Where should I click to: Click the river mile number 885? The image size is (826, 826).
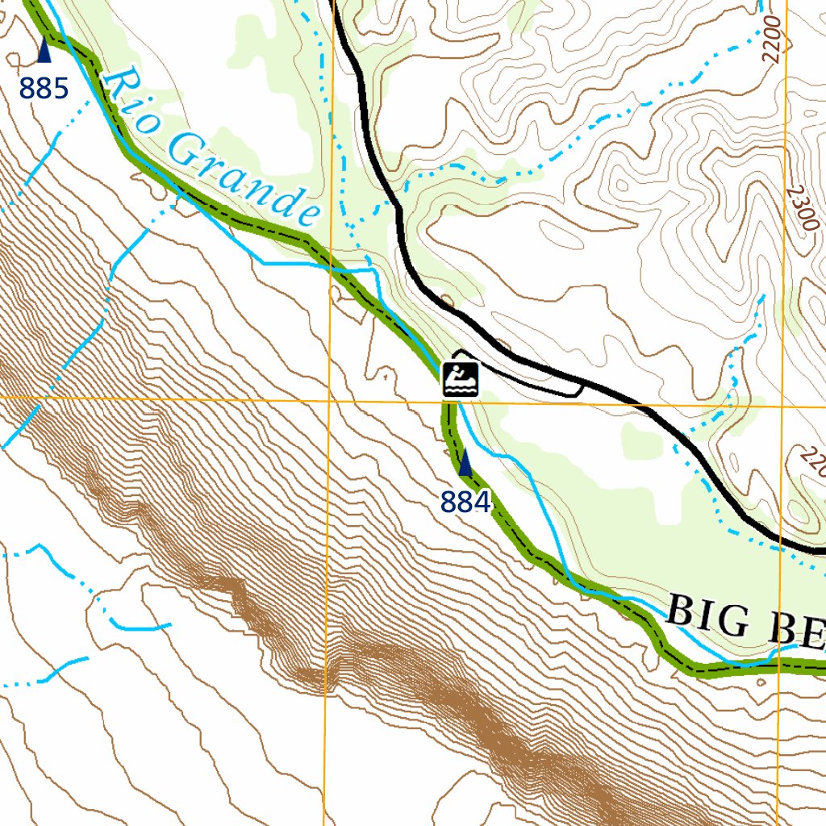[44, 88]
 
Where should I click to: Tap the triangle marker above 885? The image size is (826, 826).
[44, 52]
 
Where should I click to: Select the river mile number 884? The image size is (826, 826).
[465, 503]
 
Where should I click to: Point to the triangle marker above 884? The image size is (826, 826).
[465, 462]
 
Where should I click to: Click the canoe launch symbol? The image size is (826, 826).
[461, 378]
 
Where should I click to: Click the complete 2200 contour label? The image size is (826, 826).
[772, 40]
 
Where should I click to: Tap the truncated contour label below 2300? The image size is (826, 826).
[811, 463]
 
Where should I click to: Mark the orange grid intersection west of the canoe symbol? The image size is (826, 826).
[329, 399]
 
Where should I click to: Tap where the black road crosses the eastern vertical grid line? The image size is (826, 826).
[780, 541]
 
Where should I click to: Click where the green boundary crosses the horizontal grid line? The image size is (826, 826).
[445, 402]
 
